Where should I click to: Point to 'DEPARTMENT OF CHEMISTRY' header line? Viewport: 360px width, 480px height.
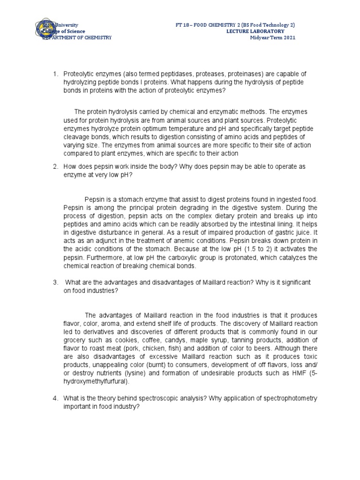(77, 37)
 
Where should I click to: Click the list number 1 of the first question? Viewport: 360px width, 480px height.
(55, 75)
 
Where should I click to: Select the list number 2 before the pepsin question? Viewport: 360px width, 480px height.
(55, 166)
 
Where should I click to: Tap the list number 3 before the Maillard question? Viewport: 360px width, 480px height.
(55, 282)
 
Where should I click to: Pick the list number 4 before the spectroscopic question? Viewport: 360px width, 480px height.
(55, 398)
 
